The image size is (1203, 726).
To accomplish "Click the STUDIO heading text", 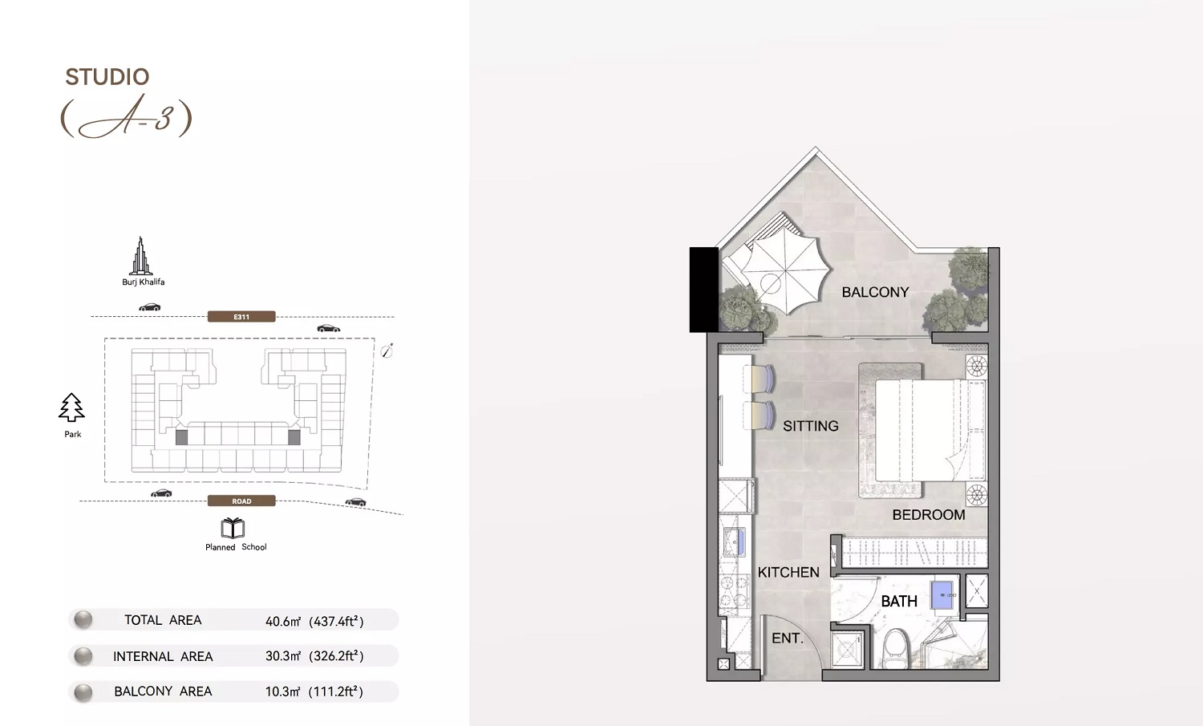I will coord(107,77).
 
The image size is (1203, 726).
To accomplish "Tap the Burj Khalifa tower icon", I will coord(141,256).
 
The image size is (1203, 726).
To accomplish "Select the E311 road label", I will coord(241,317).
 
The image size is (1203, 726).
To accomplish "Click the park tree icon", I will coord(71,408).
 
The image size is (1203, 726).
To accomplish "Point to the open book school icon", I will coord(233,528).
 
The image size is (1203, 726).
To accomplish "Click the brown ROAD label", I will coord(241,501).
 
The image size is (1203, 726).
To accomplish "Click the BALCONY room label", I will coord(875,292).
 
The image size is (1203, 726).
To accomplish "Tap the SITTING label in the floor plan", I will coord(810,426).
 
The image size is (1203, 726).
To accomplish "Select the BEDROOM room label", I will coord(929,515).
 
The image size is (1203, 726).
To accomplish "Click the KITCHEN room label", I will coord(788,572).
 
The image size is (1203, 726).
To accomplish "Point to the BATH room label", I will coord(899,601).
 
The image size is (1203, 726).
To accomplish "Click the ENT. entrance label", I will coord(787,638).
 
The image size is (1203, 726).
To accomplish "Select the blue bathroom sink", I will coord(943,595).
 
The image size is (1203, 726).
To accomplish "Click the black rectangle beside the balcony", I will coord(703,289).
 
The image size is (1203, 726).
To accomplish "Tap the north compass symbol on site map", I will coord(387,350).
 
